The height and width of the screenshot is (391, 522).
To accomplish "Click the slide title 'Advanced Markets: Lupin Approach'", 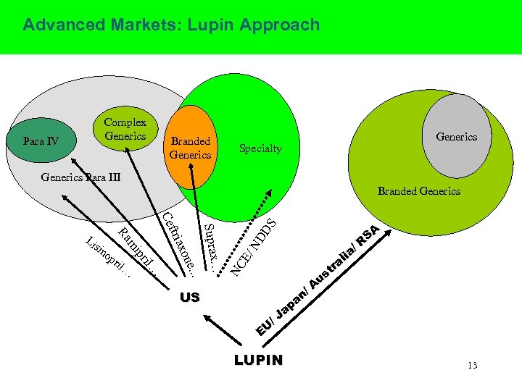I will pyautogui.click(x=171, y=25).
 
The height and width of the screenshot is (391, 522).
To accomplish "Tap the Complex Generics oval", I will pyautogui.click(x=125, y=130).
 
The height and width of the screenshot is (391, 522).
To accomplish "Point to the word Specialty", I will pyautogui.click(x=260, y=148).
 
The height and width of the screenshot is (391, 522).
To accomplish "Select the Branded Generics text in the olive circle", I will pyautogui.click(x=418, y=191).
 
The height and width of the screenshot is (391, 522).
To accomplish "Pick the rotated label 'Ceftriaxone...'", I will pyautogui.click(x=178, y=243).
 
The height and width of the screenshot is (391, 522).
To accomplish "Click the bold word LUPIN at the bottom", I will pyautogui.click(x=257, y=360).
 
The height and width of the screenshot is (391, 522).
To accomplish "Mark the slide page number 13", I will pyautogui.click(x=472, y=366).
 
